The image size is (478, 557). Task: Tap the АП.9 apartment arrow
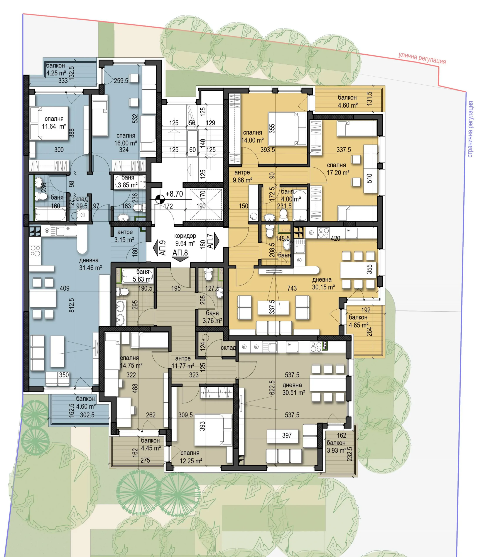coord(156,248)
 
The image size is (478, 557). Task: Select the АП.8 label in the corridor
coord(180,253)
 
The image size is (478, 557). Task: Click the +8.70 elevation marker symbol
coord(160,199)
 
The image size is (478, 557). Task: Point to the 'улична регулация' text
coord(422,58)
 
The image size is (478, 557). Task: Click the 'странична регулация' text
coord(470,129)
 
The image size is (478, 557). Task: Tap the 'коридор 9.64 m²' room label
coord(185,240)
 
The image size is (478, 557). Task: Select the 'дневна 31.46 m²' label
coord(90,264)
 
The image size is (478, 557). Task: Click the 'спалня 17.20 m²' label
coord(338,169)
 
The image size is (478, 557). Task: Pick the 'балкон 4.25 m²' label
coord(56,69)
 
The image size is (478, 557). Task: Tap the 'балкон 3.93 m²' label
coord(336,446)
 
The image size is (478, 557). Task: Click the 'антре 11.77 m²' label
coord(183,362)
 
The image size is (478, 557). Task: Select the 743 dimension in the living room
coord(292,288)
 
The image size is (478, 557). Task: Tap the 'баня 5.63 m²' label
coord(143,275)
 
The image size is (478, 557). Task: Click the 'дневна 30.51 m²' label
coord(294,389)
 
